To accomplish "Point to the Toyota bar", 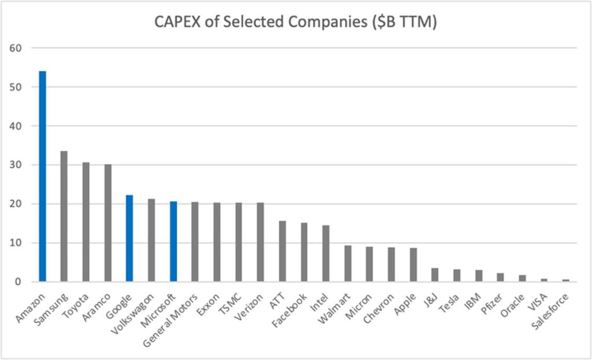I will [x=86, y=222].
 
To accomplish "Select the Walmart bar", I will [x=347, y=263].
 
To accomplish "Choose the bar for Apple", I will [x=413, y=265].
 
